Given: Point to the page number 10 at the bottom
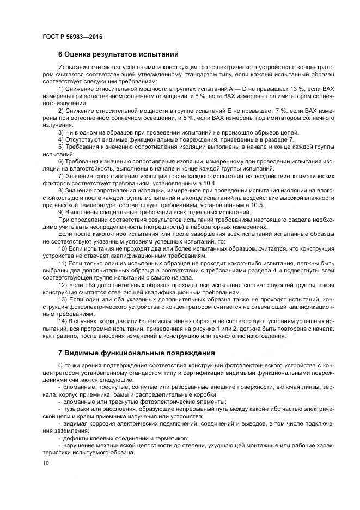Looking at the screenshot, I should click(45, 463).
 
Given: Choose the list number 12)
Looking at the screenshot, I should click(63, 284).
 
